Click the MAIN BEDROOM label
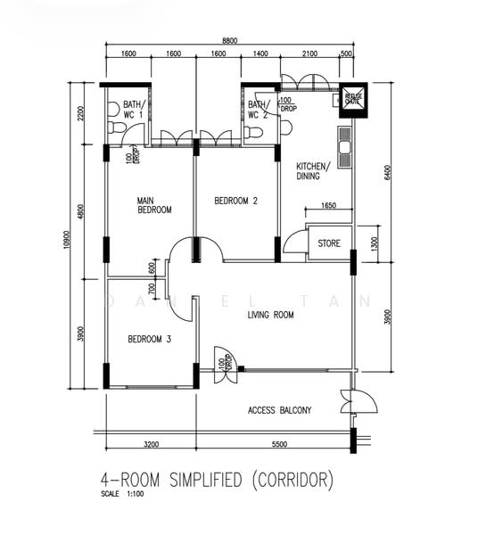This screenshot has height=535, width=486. [154, 205]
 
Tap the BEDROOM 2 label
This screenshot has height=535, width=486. [235, 202]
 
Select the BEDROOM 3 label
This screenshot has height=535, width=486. [149, 339]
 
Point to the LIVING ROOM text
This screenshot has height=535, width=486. [270, 315]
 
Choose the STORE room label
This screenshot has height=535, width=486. [329, 243]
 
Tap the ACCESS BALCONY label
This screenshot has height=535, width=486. [280, 410]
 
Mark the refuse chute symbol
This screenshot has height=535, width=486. [354, 99]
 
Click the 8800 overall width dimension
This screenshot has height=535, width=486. [230, 40]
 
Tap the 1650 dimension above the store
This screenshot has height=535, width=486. [328, 206]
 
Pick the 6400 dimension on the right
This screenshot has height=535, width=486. [388, 171]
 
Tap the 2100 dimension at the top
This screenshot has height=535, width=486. [310, 54]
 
